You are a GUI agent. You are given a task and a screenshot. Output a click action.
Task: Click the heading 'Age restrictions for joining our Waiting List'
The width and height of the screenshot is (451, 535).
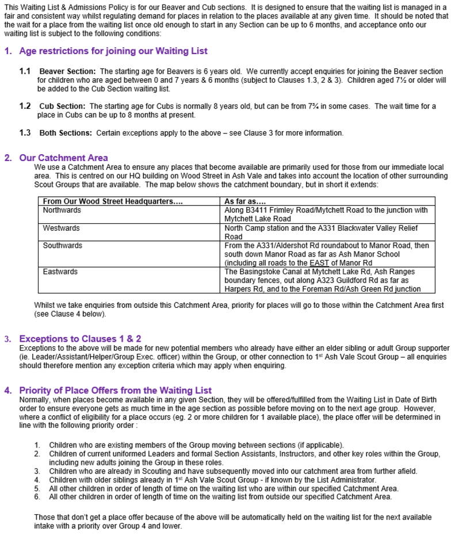point(113,51)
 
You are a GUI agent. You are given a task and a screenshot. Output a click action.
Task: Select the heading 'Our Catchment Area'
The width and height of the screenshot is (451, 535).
point(63,158)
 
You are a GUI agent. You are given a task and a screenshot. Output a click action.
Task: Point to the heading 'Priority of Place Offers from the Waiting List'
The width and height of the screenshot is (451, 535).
point(116,391)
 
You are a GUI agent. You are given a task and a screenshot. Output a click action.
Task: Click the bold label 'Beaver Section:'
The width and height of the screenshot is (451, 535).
point(63,71)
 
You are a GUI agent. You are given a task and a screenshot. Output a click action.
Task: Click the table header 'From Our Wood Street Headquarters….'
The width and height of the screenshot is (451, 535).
point(113,202)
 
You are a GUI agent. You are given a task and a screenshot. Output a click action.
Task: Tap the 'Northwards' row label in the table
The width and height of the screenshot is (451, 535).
point(62,211)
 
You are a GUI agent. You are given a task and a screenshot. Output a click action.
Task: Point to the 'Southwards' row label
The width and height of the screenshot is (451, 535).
point(63,246)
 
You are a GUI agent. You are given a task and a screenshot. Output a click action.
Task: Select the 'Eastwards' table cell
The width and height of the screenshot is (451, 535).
point(60,272)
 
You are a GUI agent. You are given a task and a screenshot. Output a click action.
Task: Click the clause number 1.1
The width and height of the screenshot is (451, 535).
point(25,71)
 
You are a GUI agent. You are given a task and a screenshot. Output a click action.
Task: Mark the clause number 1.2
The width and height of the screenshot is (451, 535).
point(25,106)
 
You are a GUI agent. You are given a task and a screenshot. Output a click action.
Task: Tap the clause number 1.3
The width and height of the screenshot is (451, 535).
point(25,133)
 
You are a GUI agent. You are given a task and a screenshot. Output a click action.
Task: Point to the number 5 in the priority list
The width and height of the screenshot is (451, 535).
point(37,488)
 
